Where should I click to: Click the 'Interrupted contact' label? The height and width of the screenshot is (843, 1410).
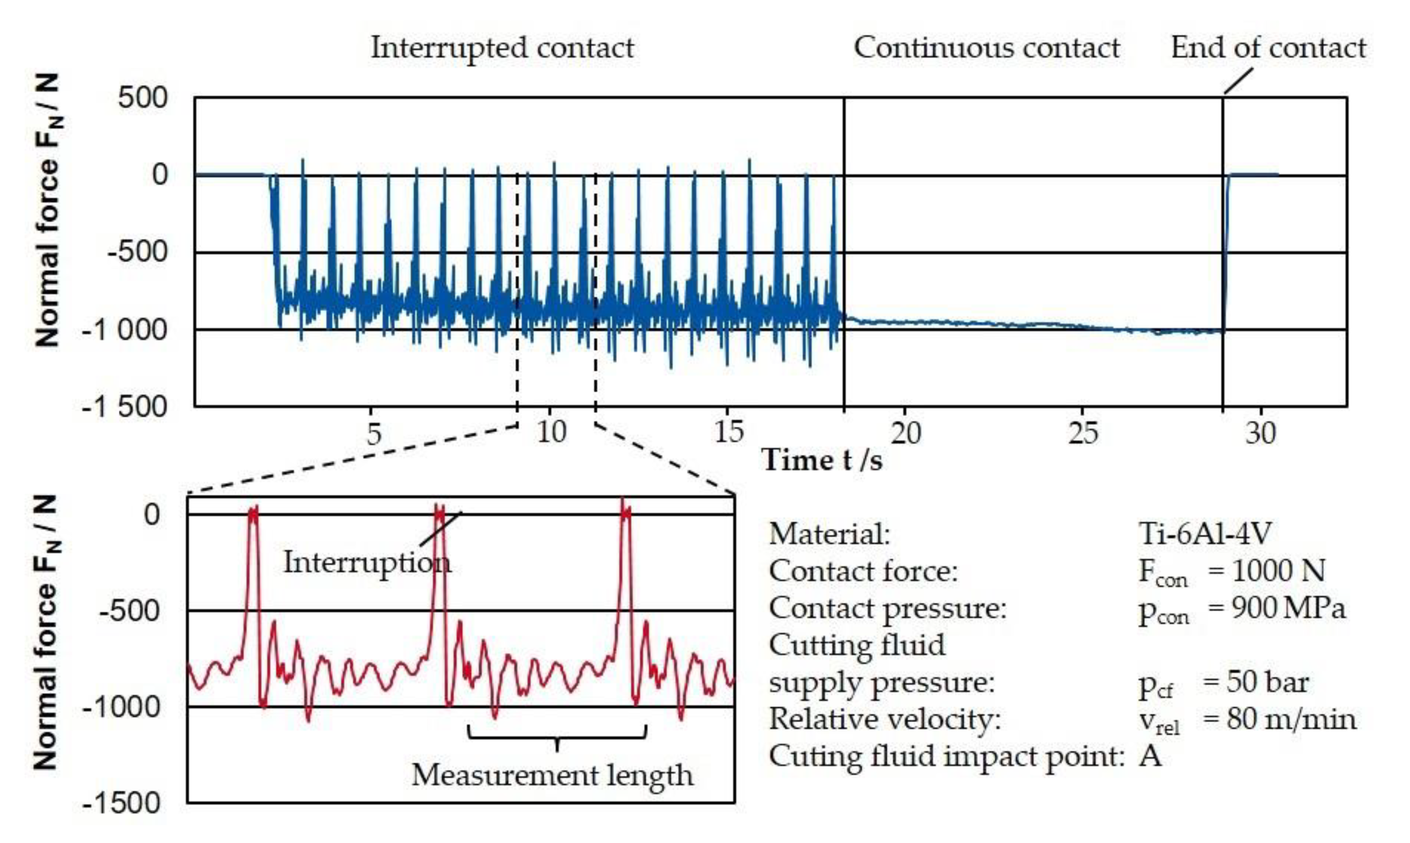pyautogui.click(x=502, y=48)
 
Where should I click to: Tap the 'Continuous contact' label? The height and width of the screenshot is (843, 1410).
pyautogui.click(x=987, y=48)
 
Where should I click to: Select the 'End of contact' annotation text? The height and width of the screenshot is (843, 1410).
pyautogui.click(x=1268, y=48)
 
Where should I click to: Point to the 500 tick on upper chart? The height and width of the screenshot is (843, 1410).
pyautogui.click(x=143, y=98)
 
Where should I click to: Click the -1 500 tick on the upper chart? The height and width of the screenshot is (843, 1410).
pyautogui.click(x=125, y=407)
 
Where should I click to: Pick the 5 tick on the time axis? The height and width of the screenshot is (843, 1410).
pyautogui.click(x=373, y=433)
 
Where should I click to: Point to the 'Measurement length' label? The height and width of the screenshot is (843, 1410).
pyautogui.click(x=552, y=775)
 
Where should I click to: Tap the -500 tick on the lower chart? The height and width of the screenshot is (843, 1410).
pyautogui.click(x=130, y=611)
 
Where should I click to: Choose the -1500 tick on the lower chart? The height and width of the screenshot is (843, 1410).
pyautogui.click(x=122, y=803)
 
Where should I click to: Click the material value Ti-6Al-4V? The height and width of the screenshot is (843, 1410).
pyautogui.click(x=1204, y=534)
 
